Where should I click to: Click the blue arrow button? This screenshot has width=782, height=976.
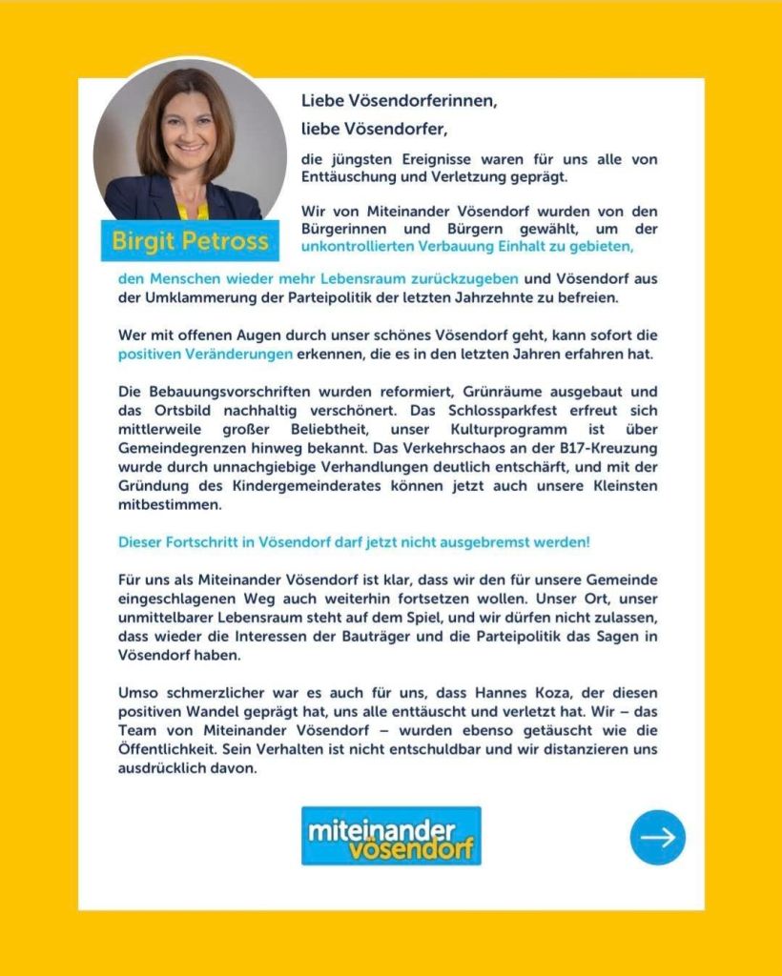pos(657,837)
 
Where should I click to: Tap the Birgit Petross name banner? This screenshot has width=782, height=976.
pos(190,241)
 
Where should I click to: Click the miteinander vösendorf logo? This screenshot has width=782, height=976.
pos(391,836)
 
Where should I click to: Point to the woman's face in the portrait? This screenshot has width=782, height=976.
pos(189,128)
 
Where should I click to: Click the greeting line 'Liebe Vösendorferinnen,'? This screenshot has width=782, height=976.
pos(400,100)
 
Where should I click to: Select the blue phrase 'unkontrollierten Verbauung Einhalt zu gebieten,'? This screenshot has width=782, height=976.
pos(466,247)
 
